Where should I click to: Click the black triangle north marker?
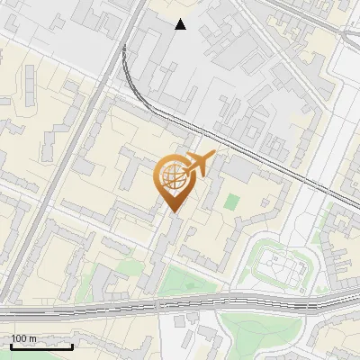[181, 24]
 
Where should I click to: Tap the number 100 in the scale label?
[19, 338]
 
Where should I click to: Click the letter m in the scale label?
[32, 338]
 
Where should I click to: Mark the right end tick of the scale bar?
[72, 345]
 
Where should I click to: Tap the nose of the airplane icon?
[214, 155]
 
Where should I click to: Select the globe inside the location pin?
[171, 178]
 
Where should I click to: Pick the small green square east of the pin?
[232, 202]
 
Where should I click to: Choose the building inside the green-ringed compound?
[279, 265]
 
